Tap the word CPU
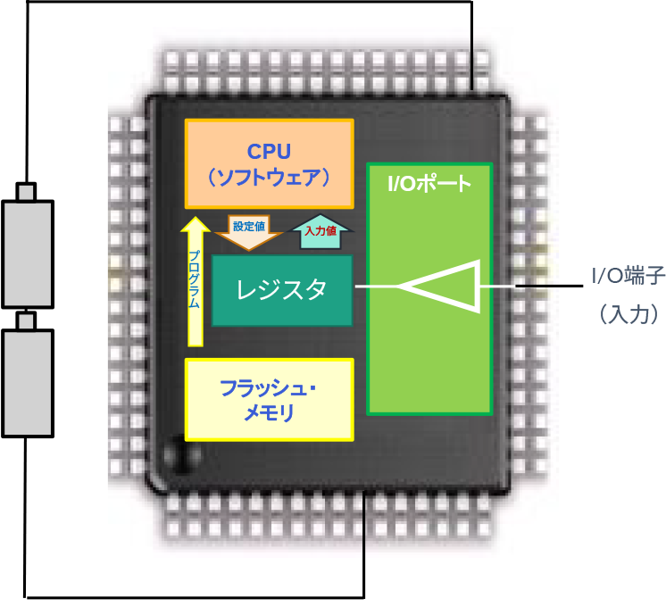pos(269,149)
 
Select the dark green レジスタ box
pos(281,290)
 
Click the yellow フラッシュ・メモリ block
pos(268,399)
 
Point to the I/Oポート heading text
pos(429,186)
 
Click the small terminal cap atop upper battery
pos(28,191)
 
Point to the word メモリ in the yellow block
pos(269,412)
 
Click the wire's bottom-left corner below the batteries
pos(27,595)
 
